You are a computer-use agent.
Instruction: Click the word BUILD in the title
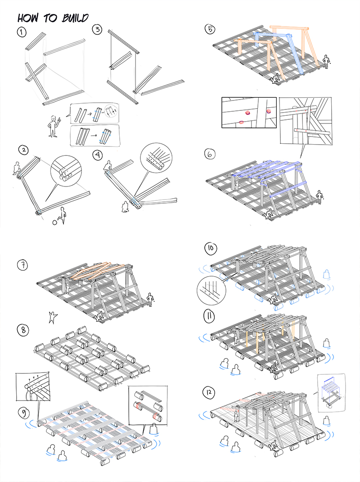pyautogui.click(x=72, y=18)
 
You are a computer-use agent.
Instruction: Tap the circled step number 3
pyautogui.click(x=97, y=30)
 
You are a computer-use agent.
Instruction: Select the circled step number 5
pyautogui.click(x=210, y=30)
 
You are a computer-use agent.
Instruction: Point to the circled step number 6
pyautogui.click(x=210, y=154)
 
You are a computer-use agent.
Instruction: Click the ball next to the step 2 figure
pyautogui.click(x=55, y=222)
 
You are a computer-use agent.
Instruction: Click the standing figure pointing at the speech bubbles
pyautogui.click(x=54, y=126)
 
